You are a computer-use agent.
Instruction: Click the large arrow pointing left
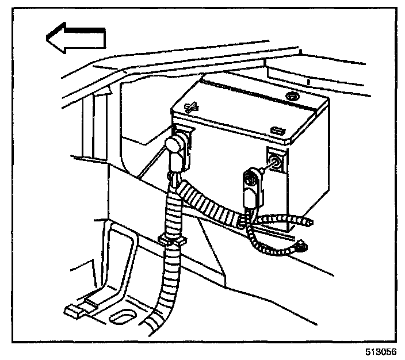(x=75, y=39)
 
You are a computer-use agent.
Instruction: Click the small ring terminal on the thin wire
(x=300, y=247)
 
